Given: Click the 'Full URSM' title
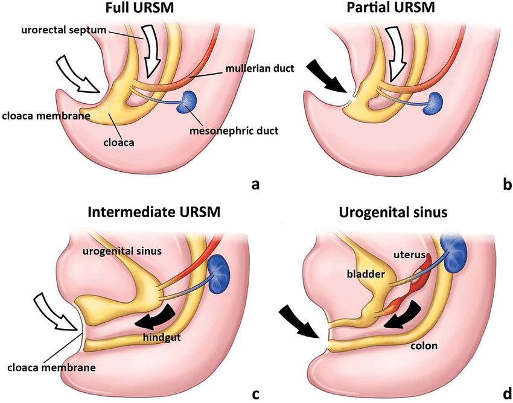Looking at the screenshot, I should click(x=133, y=9).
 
